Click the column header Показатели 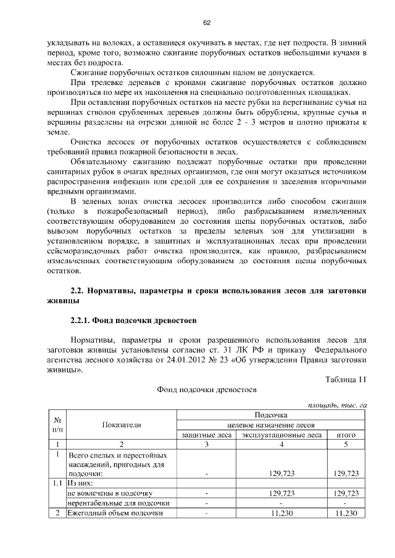122,424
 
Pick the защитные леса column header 207,435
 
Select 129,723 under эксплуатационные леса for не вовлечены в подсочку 281,493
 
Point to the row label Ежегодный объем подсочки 115,513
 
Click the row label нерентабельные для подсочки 118,503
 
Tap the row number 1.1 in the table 57,483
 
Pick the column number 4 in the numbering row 281,444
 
